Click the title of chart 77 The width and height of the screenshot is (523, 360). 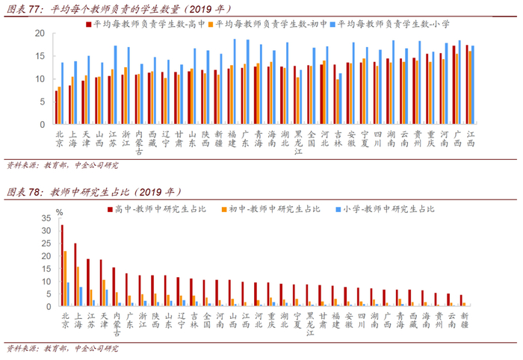(x=119, y=9)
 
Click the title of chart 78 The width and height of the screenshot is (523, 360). (x=94, y=192)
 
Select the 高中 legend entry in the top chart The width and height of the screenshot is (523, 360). (x=146, y=24)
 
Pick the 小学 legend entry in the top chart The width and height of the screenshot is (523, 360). (x=389, y=24)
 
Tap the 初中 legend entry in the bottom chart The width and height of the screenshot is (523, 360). (x=270, y=209)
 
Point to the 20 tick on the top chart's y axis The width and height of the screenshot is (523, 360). (x=40, y=34)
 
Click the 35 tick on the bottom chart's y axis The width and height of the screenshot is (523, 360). (x=46, y=218)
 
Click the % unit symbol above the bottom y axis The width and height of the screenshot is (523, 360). (x=59, y=212)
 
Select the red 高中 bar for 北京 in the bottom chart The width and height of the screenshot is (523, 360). (x=62, y=265)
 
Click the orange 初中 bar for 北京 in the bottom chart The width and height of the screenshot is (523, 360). (x=66, y=279)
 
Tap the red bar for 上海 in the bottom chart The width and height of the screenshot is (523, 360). (x=75, y=275)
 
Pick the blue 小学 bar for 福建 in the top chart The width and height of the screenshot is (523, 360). (x=235, y=81)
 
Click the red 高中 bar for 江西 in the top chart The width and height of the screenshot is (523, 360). (x=467, y=84)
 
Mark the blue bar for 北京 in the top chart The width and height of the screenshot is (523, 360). (x=62, y=93)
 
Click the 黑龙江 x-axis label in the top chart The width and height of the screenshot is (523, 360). (x=298, y=143)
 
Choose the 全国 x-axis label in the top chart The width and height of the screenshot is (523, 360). (x=312, y=139)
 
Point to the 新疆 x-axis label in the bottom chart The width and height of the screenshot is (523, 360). (x=464, y=320)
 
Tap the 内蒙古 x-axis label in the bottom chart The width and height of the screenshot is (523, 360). (x=117, y=324)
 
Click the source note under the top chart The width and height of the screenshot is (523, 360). (x=62, y=165)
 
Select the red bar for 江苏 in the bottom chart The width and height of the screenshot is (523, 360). (x=88, y=282)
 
